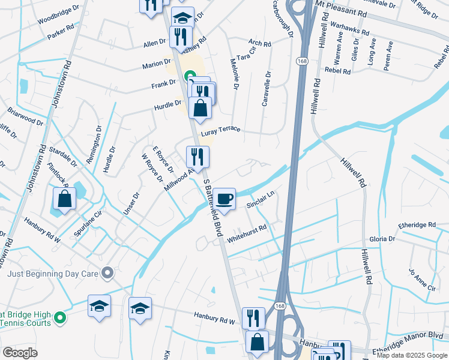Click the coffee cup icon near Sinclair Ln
(x=224, y=199)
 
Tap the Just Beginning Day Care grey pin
(x=108, y=274)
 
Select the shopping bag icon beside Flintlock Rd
(x=64, y=199)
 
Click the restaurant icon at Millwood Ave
(x=197, y=157)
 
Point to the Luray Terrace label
(x=220, y=130)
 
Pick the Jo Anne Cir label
(x=421, y=280)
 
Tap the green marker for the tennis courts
(x=59, y=317)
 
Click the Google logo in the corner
(x=20, y=353)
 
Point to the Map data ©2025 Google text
(x=411, y=355)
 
